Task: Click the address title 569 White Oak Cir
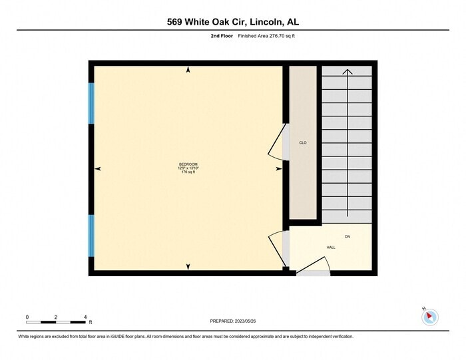(233, 22)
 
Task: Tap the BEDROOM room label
(188, 164)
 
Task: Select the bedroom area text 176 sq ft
(188, 172)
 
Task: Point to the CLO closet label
(303, 143)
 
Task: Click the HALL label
(331, 247)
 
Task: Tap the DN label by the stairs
(347, 236)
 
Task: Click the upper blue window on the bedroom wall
(92, 103)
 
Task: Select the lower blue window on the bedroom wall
(92, 236)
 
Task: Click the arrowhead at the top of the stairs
(347, 71)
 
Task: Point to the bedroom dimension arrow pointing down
(188, 267)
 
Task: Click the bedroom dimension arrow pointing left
(99, 169)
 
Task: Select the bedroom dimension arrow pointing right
(278, 169)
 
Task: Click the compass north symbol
(430, 316)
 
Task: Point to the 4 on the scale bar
(86, 317)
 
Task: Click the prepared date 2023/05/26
(233, 321)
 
